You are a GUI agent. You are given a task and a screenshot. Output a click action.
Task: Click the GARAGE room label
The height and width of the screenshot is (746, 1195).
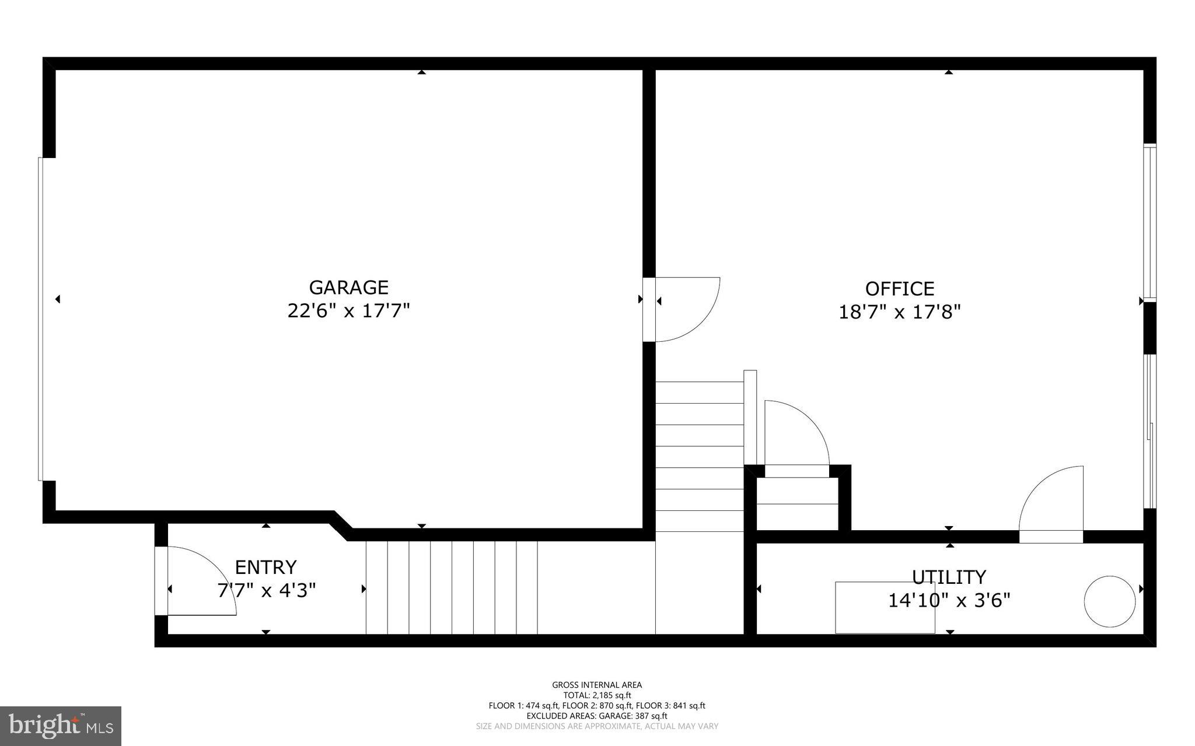(x=348, y=288)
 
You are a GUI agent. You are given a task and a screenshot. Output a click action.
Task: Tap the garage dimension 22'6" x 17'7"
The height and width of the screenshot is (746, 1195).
(x=348, y=311)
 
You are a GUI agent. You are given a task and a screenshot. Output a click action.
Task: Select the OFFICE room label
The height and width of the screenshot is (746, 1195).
(x=899, y=289)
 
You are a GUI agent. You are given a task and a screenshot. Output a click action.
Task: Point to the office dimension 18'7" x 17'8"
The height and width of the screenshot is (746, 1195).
(x=899, y=313)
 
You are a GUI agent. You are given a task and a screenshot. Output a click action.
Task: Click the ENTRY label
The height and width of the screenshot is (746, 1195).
(x=265, y=567)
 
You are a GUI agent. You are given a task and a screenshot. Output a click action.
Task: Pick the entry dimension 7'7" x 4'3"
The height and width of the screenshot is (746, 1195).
(x=266, y=591)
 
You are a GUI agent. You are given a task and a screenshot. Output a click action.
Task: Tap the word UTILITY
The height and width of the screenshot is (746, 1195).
(x=949, y=577)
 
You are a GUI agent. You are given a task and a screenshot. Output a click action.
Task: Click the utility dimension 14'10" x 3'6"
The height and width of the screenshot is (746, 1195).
(x=949, y=600)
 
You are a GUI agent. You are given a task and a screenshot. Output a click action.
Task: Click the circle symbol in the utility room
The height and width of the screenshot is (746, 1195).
(x=1109, y=601)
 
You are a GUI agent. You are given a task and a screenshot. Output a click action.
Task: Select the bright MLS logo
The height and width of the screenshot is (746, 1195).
(x=61, y=726)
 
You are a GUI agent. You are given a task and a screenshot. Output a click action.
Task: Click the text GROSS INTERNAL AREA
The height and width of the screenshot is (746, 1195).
(x=597, y=685)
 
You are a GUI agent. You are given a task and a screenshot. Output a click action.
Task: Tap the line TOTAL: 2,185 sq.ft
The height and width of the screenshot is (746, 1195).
(x=597, y=695)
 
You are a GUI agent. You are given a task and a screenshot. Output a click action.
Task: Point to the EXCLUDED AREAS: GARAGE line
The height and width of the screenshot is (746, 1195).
(x=597, y=716)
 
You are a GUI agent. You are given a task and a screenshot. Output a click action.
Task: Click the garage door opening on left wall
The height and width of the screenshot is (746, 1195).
(x=41, y=319)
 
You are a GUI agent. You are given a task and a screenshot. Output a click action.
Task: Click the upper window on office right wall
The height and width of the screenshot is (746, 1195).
(x=1149, y=222)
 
